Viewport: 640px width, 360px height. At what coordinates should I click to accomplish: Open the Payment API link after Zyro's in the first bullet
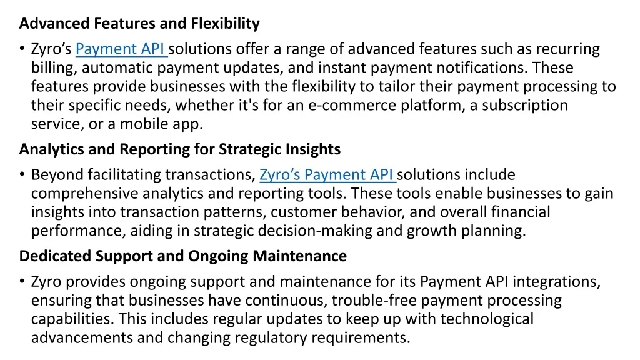pyautogui.click(x=121, y=49)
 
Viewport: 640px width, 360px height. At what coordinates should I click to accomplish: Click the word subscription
pyautogui.click(x=525, y=106)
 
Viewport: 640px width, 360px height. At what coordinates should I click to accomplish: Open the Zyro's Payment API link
pyautogui.click(x=327, y=175)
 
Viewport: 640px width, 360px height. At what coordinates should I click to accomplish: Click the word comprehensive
pyautogui.click(x=84, y=194)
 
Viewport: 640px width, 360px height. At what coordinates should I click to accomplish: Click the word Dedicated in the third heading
pyautogui.click(x=56, y=256)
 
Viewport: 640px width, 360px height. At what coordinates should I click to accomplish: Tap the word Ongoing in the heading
pyautogui.click(x=218, y=256)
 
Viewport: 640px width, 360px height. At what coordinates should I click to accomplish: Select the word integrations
pyautogui.click(x=556, y=282)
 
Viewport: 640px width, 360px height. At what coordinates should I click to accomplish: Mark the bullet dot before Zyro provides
pyautogui.click(x=22, y=282)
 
